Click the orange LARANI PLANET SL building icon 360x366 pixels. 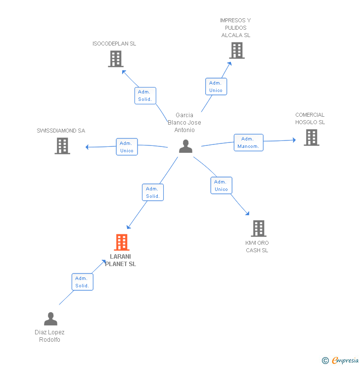pyautogui.click(x=122, y=242)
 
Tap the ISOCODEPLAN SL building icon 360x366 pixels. pyautogui.click(x=115, y=59)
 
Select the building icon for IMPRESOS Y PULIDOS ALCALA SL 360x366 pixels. pyautogui.click(x=236, y=50)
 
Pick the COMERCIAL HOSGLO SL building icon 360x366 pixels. pyautogui.click(x=311, y=137)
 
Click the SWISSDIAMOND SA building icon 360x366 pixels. pyautogui.click(x=62, y=145)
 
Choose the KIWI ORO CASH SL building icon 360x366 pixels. pyautogui.click(x=259, y=229)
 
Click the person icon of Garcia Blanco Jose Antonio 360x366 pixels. pyautogui.click(x=185, y=146)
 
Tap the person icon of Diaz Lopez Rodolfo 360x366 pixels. pyautogui.click(x=50, y=319)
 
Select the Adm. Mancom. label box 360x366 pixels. pyautogui.click(x=248, y=142)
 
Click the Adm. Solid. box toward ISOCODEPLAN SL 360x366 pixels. pyautogui.click(x=145, y=95)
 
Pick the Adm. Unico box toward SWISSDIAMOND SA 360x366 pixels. pyautogui.click(x=127, y=147)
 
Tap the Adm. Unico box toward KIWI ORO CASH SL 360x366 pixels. pyautogui.click(x=221, y=185)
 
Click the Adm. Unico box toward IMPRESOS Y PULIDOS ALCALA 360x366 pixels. pyautogui.click(x=216, y=87)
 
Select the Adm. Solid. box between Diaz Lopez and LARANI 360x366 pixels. pyautogui.click(x=82, y=282)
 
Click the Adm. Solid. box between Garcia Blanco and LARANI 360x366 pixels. pyautogui.click(x=152, y=192)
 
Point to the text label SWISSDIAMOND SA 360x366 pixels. pyautogui.click(x=61, y=131)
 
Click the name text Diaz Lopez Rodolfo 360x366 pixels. pyautogui.click(x=49, y=336)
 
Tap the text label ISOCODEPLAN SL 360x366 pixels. pyautogui.click(x=114, y=44)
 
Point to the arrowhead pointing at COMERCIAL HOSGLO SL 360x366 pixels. pyautogui.click(x=293, y=140)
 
